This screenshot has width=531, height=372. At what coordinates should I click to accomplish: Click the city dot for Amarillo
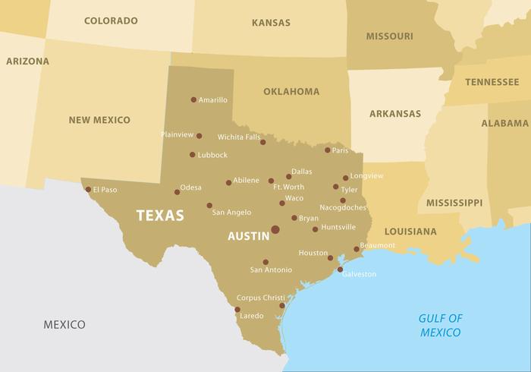point(193,99)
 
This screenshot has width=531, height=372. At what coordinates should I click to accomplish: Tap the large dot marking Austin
point(275,229)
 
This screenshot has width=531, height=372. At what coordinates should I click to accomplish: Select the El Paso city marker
point(88,190)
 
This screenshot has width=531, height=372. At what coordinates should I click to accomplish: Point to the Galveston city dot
point(340,270)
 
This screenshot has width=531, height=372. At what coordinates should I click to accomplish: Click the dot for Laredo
point(237,309)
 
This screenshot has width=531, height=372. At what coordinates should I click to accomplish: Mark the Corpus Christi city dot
point(282,306)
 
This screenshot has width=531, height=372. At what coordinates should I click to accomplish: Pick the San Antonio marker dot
point(265,262)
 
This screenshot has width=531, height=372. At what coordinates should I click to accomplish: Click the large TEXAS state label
point(160,216)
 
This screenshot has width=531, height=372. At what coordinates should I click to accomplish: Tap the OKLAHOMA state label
point(291,92)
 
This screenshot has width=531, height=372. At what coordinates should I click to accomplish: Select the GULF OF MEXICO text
point(442,325)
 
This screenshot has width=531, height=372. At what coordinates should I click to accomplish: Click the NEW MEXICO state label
point(99,120)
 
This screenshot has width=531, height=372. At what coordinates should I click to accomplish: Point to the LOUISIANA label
point(410,231)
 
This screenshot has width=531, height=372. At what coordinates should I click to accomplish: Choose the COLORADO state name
point(111,20)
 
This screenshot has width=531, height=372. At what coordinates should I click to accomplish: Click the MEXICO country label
point(64,324)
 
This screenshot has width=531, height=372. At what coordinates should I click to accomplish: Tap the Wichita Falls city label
point(238,137)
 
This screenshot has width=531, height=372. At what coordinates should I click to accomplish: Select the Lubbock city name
point(212,155)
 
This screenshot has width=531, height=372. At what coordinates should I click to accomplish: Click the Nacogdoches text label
point(342,207)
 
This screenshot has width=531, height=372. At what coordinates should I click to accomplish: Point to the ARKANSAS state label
point(394,114)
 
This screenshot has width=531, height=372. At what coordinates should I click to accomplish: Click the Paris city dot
point(328,150)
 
